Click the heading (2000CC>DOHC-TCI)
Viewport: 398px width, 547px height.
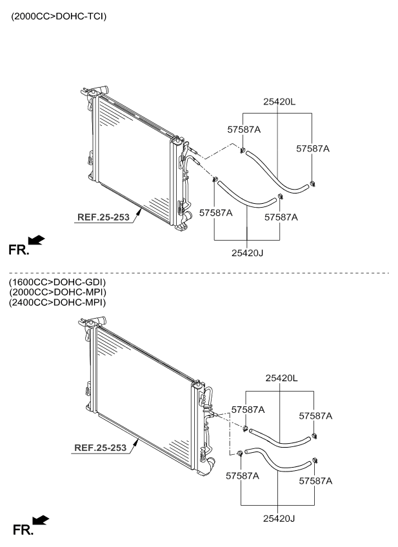(x=59, y=16)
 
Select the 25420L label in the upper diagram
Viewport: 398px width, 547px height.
(x=279, y=102)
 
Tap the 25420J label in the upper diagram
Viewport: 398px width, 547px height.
(x=247, y=253)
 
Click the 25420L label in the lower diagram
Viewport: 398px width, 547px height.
(x=281, y=378)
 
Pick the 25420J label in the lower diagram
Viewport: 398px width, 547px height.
(x=279, y=519)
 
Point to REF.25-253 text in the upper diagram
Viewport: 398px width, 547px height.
(x=103, y=217)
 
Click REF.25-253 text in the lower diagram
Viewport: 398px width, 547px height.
(x=101, y=448)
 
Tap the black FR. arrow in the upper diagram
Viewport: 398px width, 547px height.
(x=36, y=240)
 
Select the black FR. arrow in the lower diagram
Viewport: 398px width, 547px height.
(x=41, y=520)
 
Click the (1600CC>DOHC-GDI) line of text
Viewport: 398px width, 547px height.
(x=57, y=283)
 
